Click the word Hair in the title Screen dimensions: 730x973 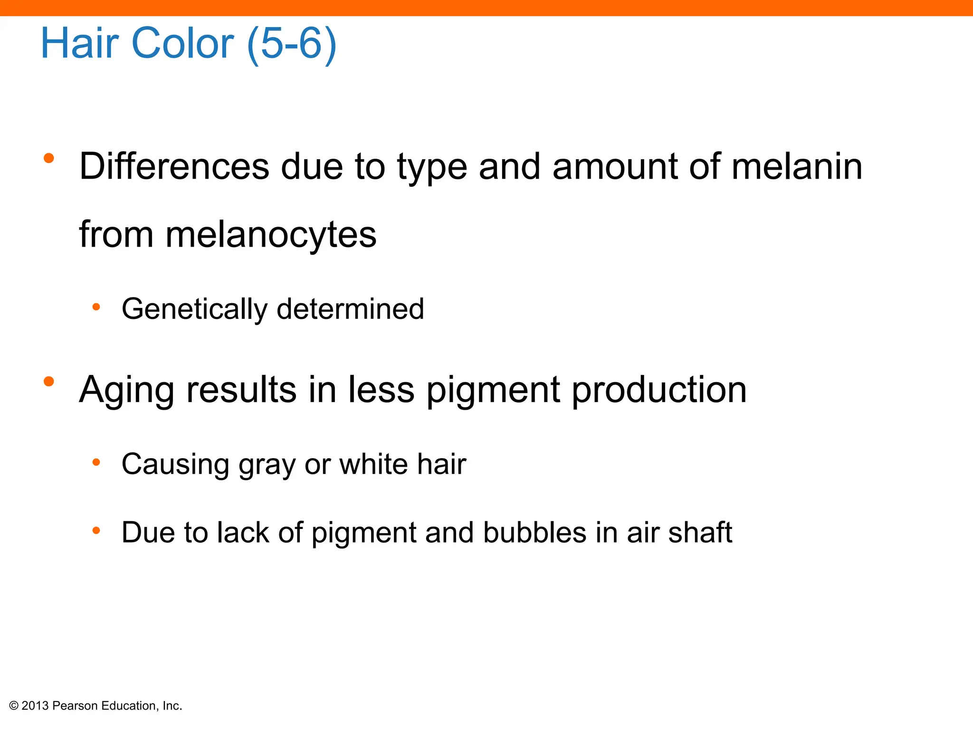79,43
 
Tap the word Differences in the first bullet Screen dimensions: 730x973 174,167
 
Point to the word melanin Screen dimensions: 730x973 797,167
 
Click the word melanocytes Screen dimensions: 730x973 271,235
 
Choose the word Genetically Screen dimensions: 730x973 194,309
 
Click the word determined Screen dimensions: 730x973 350,309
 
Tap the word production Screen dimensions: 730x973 659,390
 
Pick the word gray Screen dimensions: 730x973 267,465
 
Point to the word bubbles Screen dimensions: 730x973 534,532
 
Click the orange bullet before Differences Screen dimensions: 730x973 48,158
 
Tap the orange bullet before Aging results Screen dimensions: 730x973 48,381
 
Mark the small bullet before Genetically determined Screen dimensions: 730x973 96,307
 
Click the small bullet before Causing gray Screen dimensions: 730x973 96,462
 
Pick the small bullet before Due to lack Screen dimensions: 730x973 96,530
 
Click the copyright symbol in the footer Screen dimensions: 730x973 14,706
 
